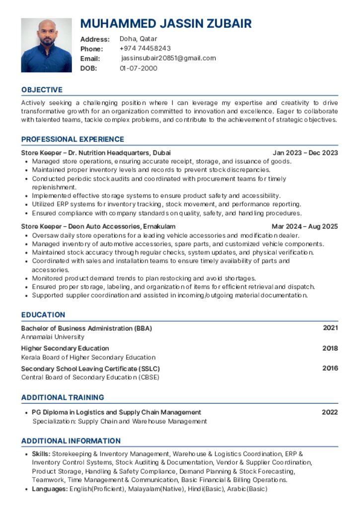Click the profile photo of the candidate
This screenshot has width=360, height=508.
pyautogui.click(x=46, y=45)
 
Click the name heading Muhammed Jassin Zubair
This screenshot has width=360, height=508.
pyautogui.click(x=166, y=23)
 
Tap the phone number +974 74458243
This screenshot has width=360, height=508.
pyautogui.click(x=145, y=48)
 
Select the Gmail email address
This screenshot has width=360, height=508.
pyautogui.click(x=168, y=58)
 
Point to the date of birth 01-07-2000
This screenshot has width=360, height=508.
pyautogui.click(x=139, y=68)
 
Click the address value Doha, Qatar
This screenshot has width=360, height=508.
pyautogui.click(x=139, y=39)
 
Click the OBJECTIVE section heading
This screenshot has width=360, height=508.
pyautogui.click(x=42, y=90)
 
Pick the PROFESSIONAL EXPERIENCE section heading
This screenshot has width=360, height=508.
pyautogui.click(x=72, y=139)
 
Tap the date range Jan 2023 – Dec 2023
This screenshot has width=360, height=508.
pyautogui.click(x=305, y=153)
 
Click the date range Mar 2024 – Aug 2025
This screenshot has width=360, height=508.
pyautogui.click(x=304, y=227)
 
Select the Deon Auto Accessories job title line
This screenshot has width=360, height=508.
pyautogui.click(x=98, y=227)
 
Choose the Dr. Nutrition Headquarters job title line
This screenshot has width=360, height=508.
pyautogui.click(x=96, y=153)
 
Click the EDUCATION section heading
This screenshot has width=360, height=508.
pyautogui.click(x=43, y=315)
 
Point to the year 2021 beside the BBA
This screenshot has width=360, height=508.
pyautogui.click(x=330, y=328)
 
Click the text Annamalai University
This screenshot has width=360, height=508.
pyautogui.click(x=53, y=337)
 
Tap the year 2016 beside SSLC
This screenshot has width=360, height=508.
pyautogui.click(x=330, y=368)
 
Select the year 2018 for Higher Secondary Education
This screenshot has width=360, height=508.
pyautogui.click(x=330, y=348)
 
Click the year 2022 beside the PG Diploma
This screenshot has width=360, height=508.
pyautogui.click(x=330, y=412)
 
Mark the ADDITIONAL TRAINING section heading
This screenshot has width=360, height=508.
pyautogui.click(x=63, y=397)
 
